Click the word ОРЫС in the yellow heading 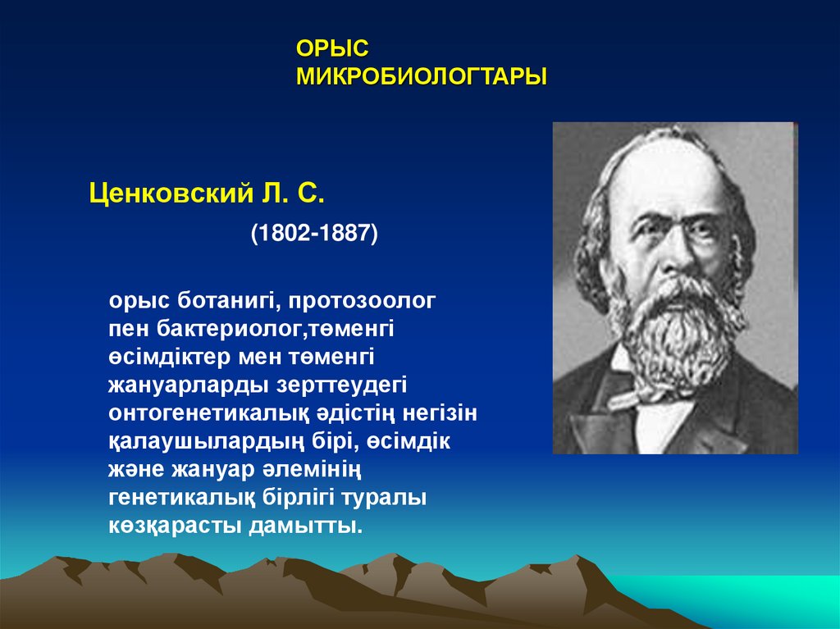pos(332,48)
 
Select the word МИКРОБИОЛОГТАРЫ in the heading pos(422,76)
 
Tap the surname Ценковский pos(171,194)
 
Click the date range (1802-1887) pos(314,233)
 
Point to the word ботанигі pos(227,301)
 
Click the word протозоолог pos(362,302)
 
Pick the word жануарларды pos(189,385)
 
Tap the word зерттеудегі pos(341,385)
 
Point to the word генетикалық pos(181,499)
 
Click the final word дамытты pos(306,526)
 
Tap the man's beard pos(676,327)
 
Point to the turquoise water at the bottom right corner pos(750,601)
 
